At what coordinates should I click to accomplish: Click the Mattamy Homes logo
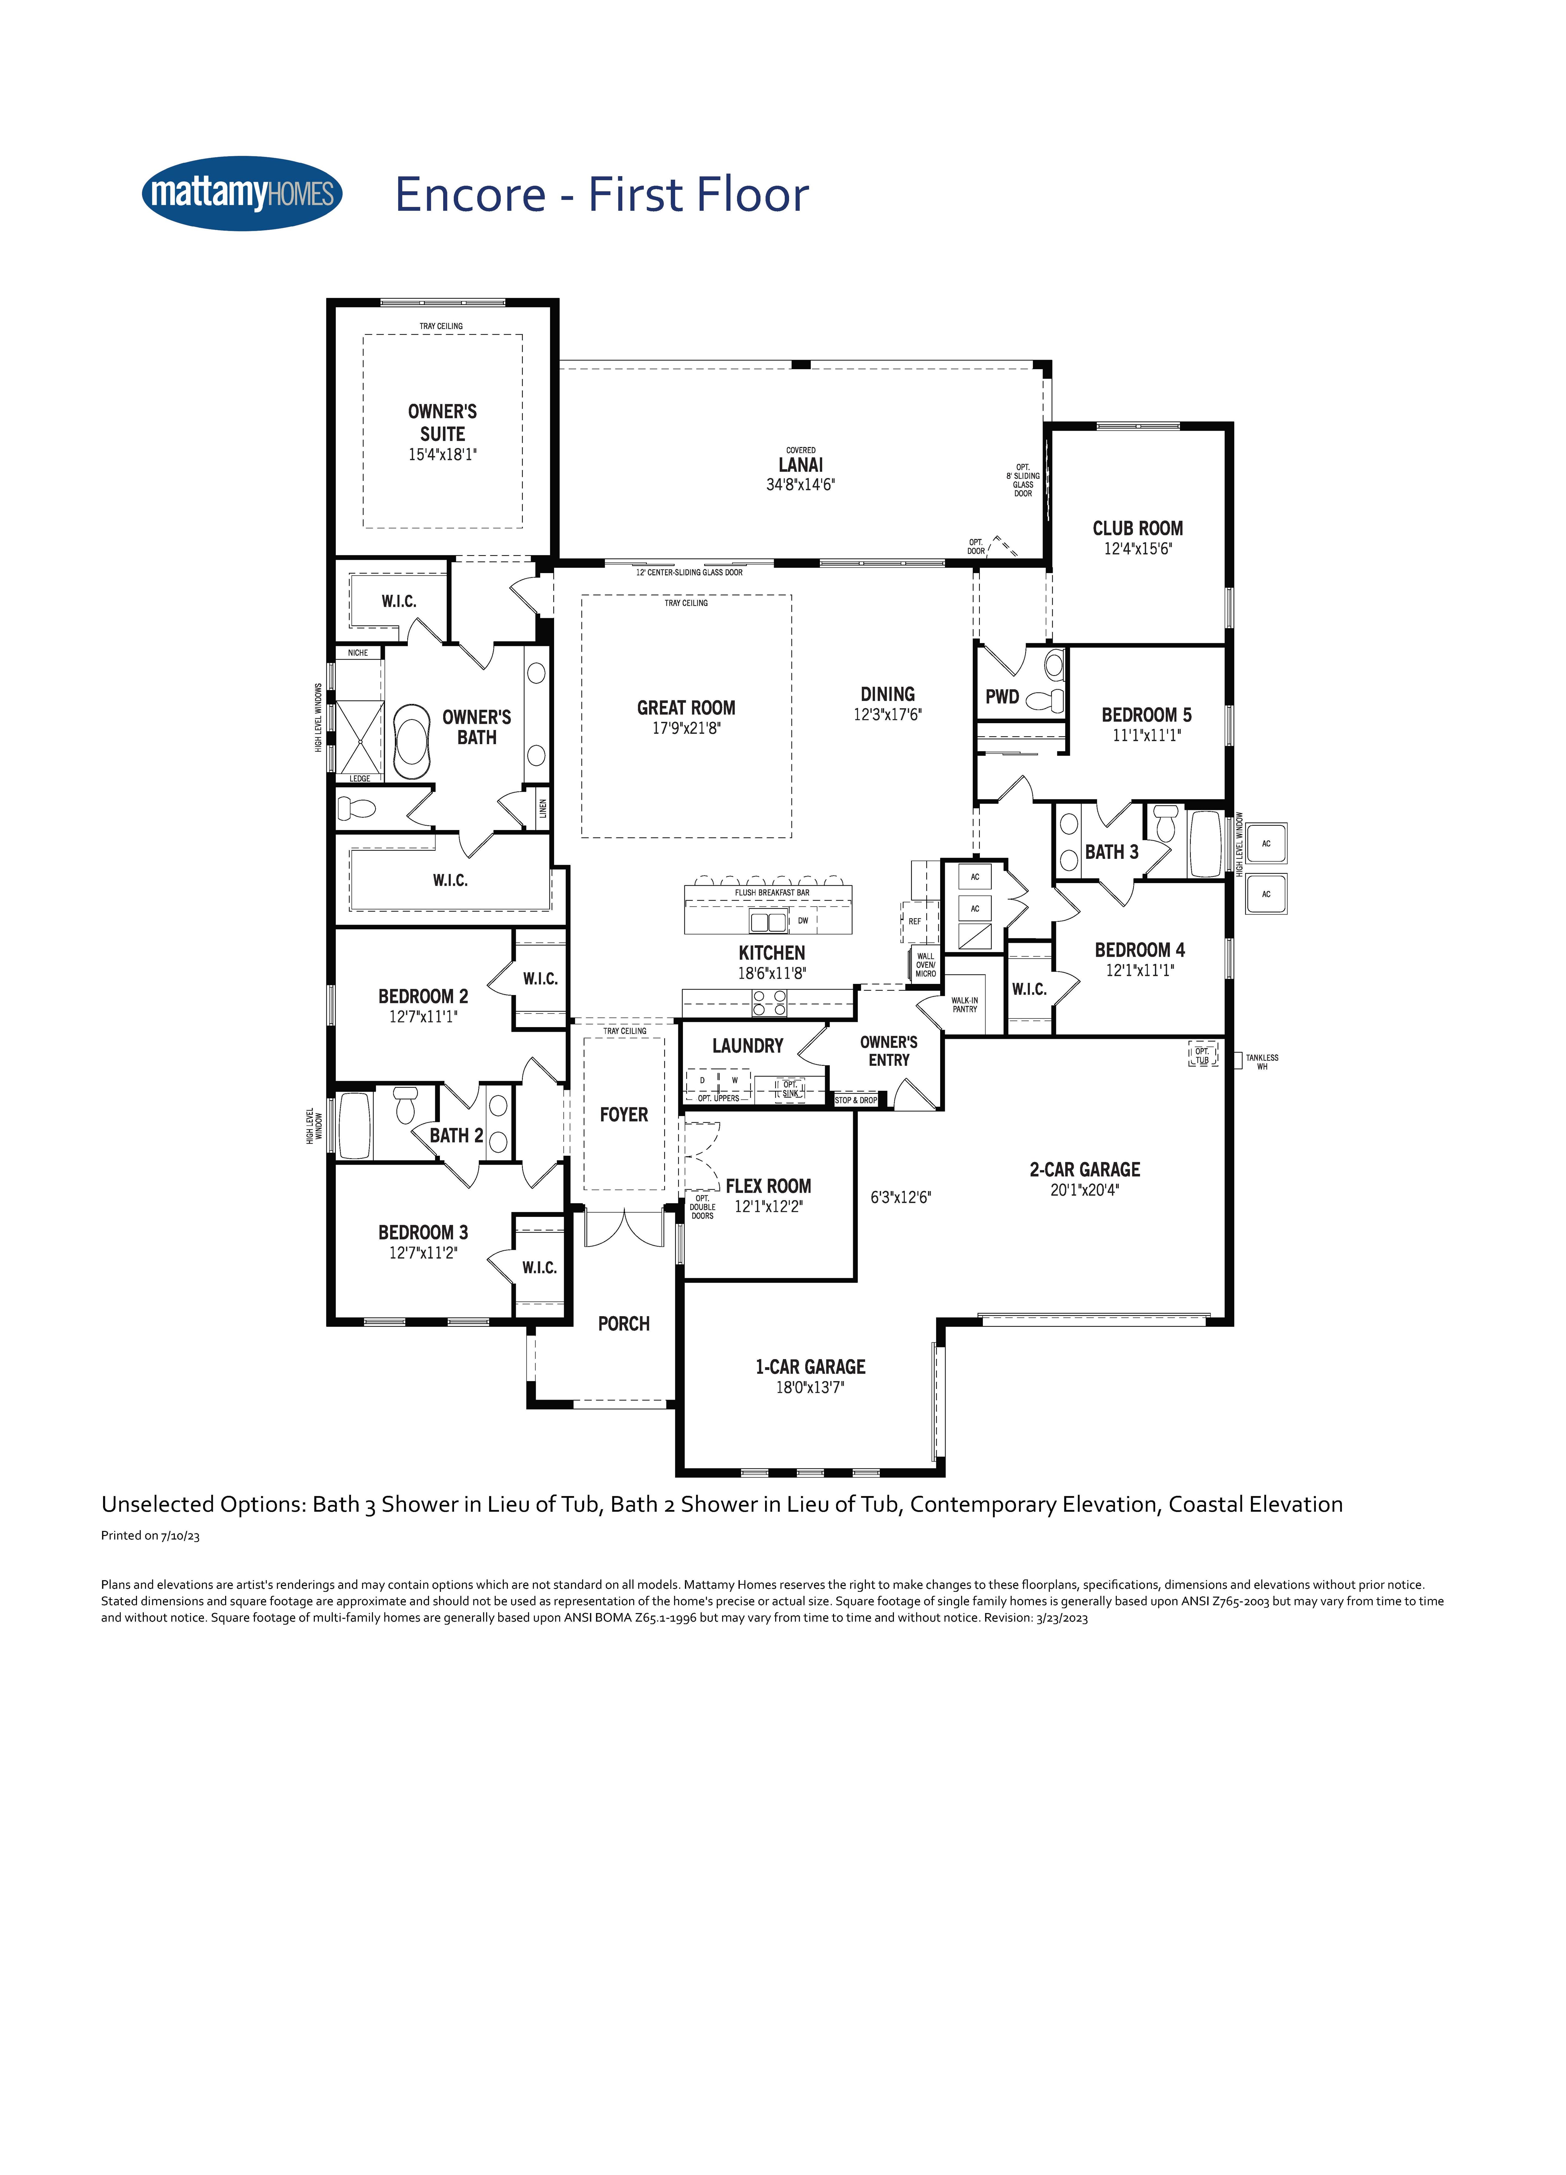pyautogui.click(x=242, y=194)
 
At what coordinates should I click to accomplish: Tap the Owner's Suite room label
pyautogui.click(x=442, y=423)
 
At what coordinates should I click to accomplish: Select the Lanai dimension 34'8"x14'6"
pyautogui.click(x=801, y=485)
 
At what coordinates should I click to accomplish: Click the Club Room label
pyautogui.click(x=1137, y=529)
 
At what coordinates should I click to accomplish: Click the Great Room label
pyautogui.click(x=687, y=708)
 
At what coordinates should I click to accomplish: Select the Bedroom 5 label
pyautogui.click(x=1146, y=715)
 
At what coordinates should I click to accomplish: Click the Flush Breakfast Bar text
pyautogui.click(x=772, y=893)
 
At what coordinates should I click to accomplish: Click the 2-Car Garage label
pyautogui.click(x=1085, y=1170)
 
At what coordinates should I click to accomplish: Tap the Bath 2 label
pyautogui.click(x=456, y=1135)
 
